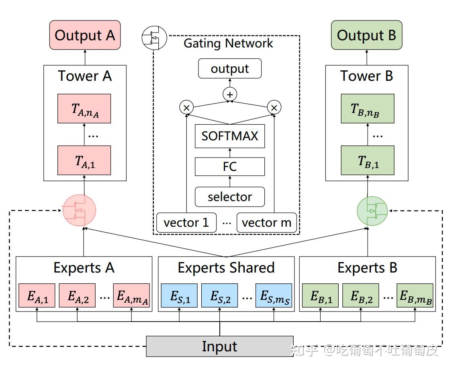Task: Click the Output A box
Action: pos(85,35)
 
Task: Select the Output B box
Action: pos(366,35)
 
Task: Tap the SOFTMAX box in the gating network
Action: pos(230,136)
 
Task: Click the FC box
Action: pos(230,166)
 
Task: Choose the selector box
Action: pos(230,197)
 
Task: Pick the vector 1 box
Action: pos(186,223)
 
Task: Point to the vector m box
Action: pos(266,223)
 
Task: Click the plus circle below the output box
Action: pos(230,94)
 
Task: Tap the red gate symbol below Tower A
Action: pos(80,210)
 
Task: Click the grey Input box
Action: pos(219,346)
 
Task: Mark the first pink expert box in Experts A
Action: pos(37,296)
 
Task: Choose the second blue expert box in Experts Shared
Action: pos(219,296)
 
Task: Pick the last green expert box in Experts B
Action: pos(415,296)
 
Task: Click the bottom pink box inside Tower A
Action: pos(84,160)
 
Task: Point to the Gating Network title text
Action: pos(228,43)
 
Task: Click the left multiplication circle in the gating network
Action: pos(186,107)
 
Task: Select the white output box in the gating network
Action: pos(230,69)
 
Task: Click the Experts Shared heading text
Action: pos(226,268)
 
